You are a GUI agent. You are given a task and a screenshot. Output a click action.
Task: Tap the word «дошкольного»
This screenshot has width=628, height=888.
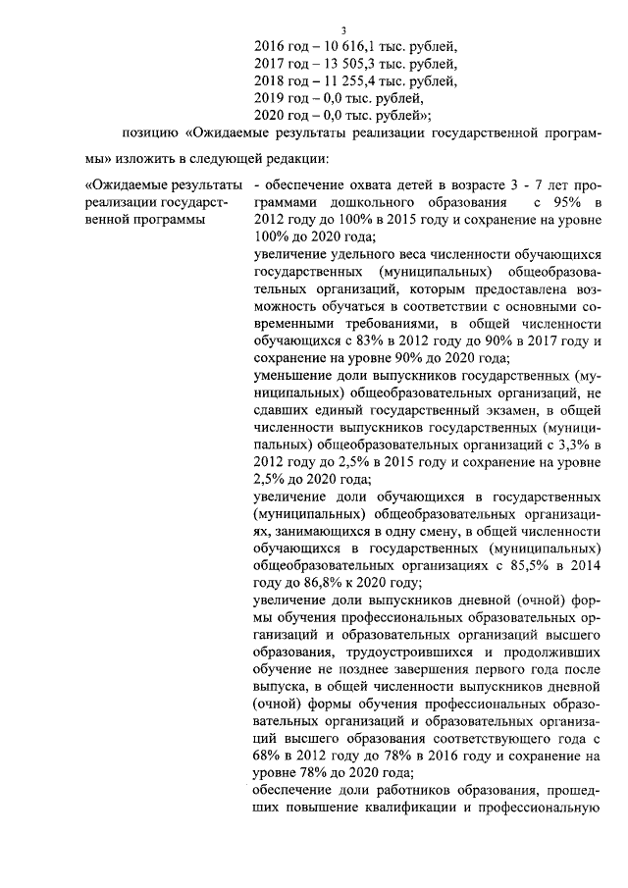(369, 201)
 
